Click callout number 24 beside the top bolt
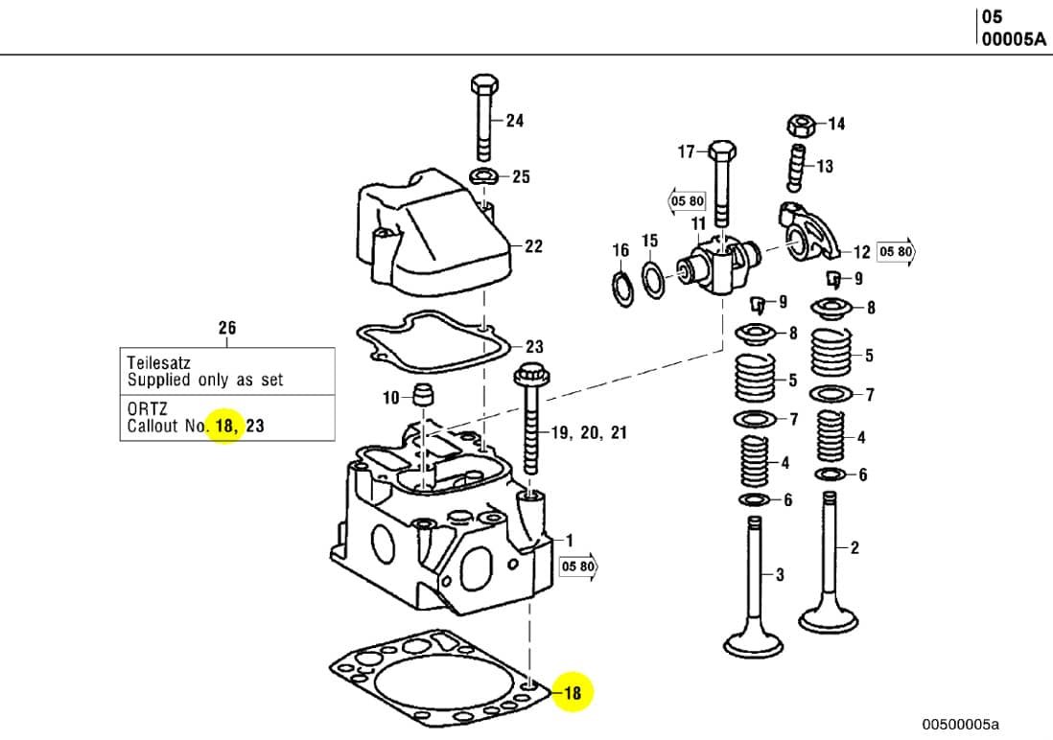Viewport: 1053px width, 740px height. point(515,121)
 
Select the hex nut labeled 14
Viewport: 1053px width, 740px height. point(801,125)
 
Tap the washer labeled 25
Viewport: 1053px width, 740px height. point(483,176)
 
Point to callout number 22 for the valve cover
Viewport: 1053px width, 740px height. point(533,246)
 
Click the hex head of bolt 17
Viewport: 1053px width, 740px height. point(721,151)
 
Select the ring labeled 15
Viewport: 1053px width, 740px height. point(653,283)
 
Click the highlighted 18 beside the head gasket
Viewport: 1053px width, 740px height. point(573,692)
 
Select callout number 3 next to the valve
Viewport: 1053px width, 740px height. point(780,575)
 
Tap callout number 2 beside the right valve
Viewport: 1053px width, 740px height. point(854,548)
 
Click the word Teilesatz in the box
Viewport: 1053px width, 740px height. point(158,363)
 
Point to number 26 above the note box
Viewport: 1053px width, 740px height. point(226,328)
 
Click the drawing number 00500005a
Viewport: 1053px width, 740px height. point(960,723)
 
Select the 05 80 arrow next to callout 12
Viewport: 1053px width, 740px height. point(897,252)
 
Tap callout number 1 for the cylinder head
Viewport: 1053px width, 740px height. point(569,541)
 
